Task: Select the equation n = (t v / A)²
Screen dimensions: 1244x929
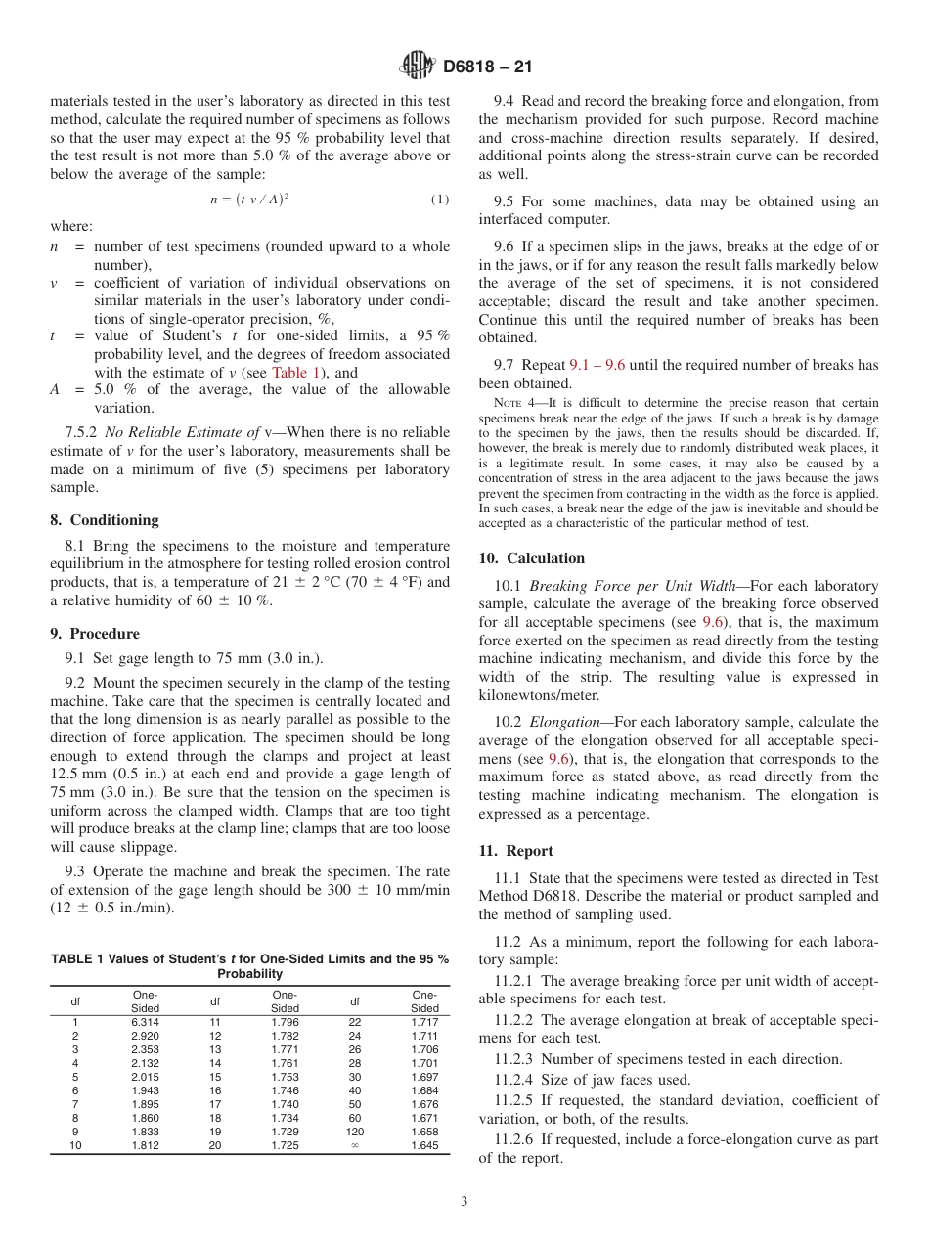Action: tap(248, 199)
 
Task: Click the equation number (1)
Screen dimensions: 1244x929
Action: tap(439, 199)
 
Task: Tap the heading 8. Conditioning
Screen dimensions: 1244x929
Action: tap(104, 520)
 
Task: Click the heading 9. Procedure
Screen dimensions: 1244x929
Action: tap(95, 634)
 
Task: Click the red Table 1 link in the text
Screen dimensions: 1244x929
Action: tap(292, 373)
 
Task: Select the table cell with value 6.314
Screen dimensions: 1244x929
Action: tap(145, 1022)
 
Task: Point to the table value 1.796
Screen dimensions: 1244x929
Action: tap(285, 1022)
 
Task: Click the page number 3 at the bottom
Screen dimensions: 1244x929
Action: tap(464, 1202)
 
